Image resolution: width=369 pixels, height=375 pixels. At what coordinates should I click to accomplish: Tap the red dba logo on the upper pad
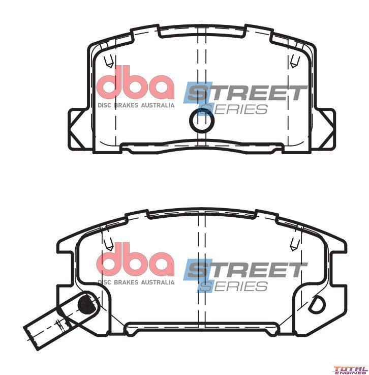click(x=135, y=83)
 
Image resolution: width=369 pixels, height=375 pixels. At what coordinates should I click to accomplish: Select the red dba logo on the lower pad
click(x=135, y=260)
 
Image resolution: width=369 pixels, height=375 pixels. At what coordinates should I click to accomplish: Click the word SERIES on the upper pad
click(x=233, y=109)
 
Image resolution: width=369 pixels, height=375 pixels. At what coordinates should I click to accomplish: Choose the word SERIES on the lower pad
click(x=233, y=286)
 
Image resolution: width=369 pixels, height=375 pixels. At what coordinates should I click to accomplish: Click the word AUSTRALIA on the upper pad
click(x=158, y=105)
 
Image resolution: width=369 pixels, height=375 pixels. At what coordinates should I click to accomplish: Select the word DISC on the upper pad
click(x=104, y=105)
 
